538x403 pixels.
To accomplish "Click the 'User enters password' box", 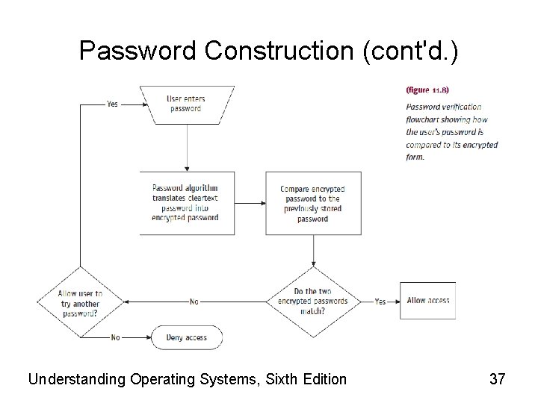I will pos(186,104).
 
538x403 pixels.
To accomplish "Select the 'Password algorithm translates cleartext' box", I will pos(185,203).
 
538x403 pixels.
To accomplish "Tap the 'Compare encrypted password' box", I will pos(313,204).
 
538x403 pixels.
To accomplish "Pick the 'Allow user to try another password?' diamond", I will pos(80,303).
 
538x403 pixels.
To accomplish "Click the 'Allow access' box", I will pos(427,300).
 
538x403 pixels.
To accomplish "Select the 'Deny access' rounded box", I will pos(187,337).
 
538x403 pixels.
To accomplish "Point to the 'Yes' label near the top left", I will pos(112,104).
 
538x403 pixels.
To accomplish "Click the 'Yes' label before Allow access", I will pos(380,302).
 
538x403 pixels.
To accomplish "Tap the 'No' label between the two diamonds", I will pos(194,302).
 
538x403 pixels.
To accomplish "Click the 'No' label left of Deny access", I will pos(115,337).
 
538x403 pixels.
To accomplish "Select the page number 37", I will pos(497,379).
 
